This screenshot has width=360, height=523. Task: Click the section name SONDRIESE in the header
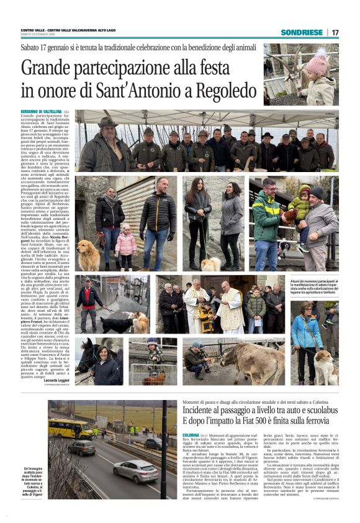click(301, 32)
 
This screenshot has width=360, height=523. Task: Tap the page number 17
click(335, 32)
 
